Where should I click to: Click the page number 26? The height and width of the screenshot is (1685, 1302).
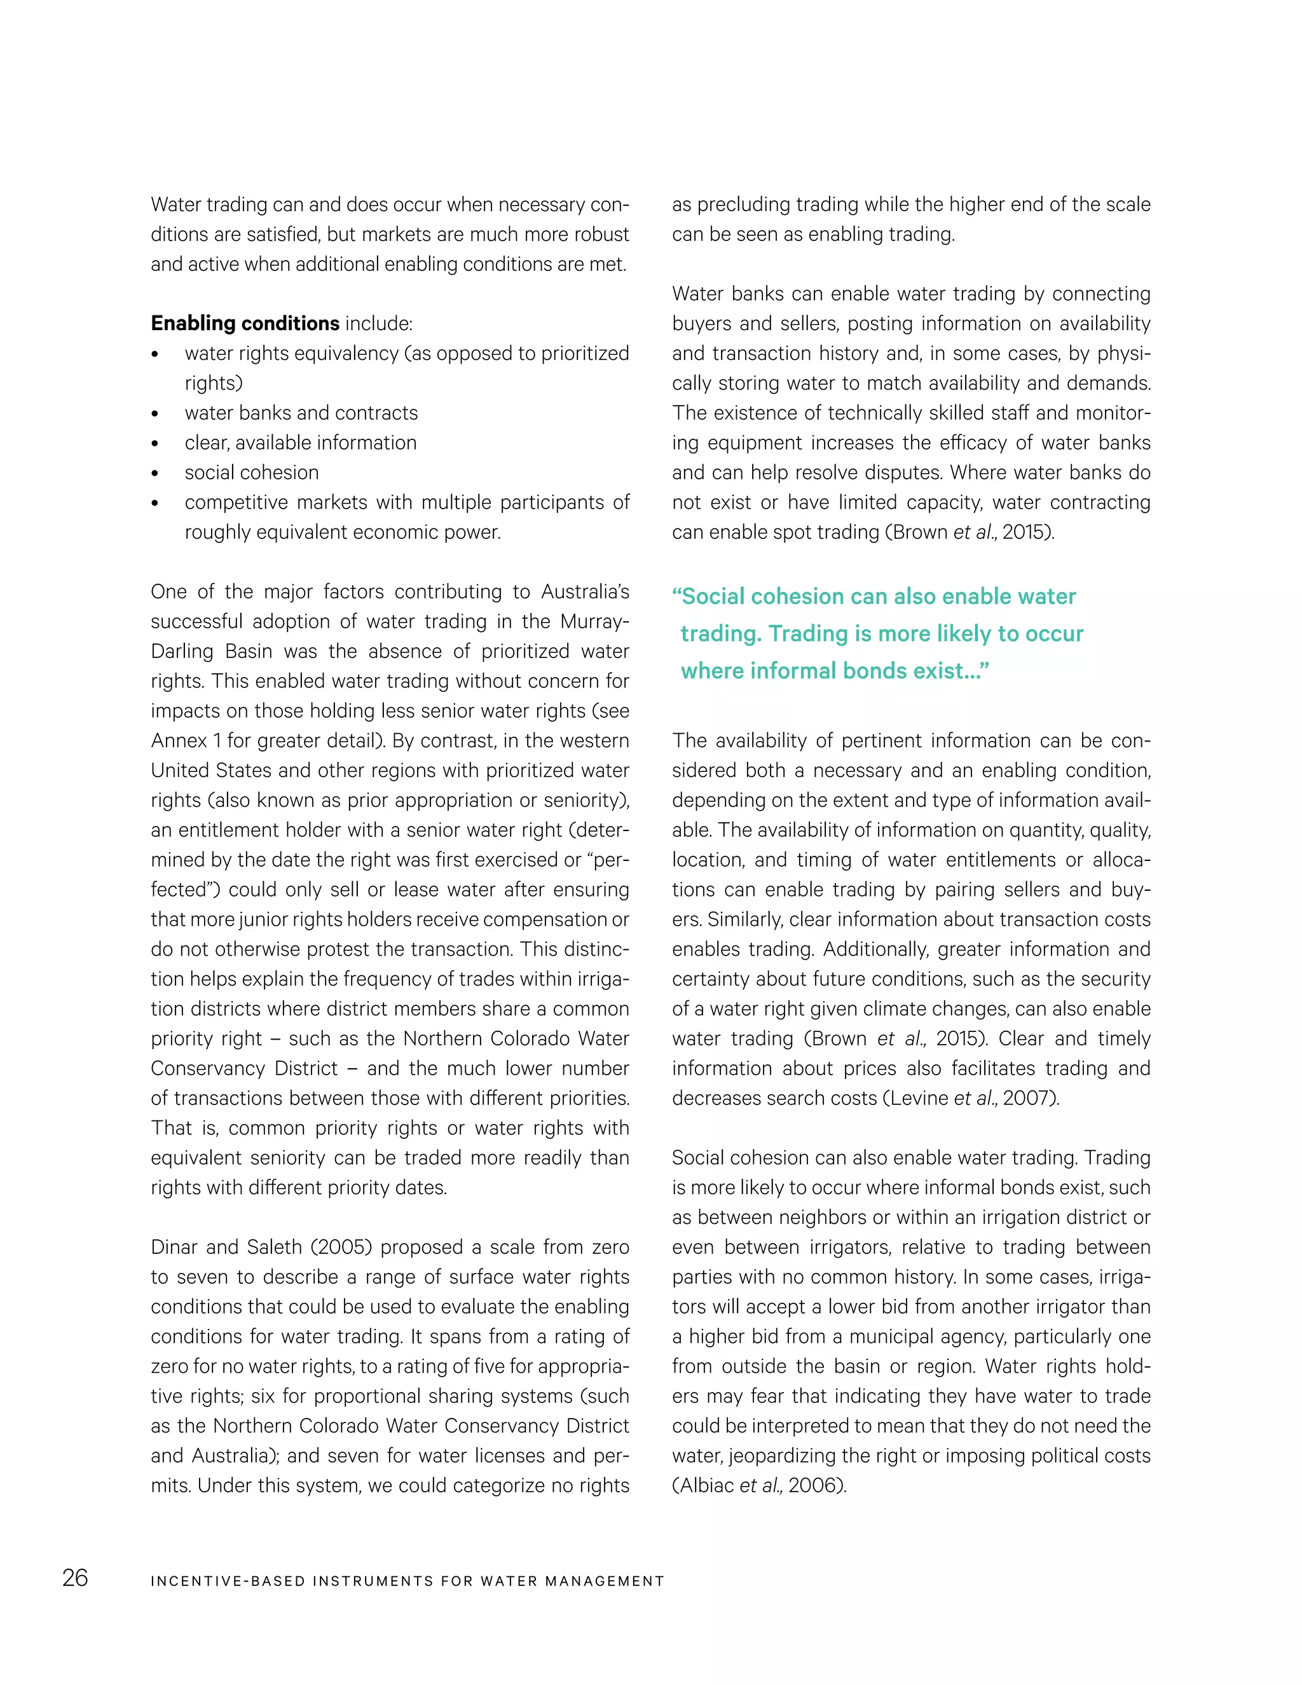(x=75, y=1578)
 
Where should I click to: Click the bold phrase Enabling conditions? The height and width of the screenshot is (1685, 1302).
(x=245, y=323)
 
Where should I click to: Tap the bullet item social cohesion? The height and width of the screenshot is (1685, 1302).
(x=252, y=472)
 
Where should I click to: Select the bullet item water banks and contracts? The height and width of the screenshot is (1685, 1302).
(x=301, y=413)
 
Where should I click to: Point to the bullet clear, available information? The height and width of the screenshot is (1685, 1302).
(x=300, y=443)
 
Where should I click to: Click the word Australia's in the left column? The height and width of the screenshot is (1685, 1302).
(x=585, y=592)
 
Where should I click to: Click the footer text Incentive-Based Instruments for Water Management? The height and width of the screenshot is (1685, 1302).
(x=408, y=1581)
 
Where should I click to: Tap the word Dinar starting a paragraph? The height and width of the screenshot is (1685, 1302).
(x=174, y=1248)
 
